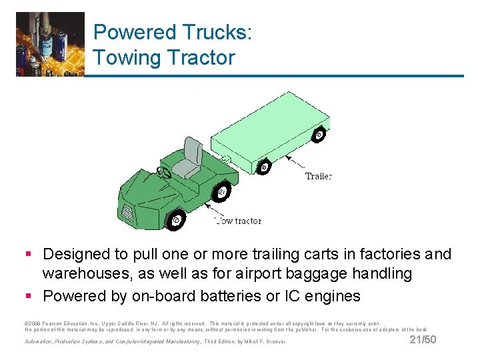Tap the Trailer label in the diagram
point(318,177)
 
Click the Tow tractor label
point(238,221)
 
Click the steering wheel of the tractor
point(163,174)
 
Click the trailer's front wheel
point(265,167)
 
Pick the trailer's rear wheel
point(319,135)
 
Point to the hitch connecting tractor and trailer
point(226,160)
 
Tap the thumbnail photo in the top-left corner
point(51,44)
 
